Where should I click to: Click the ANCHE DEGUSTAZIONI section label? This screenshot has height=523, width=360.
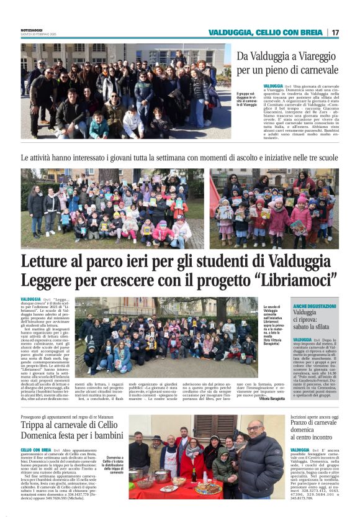click(x=315, y=307)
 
